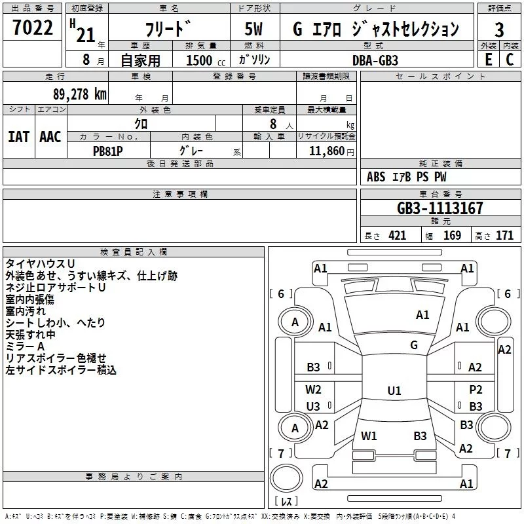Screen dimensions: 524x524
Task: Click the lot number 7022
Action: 33,28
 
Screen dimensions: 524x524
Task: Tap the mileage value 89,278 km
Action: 80,94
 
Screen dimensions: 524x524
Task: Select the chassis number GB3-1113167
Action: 440,208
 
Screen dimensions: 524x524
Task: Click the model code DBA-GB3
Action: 375,60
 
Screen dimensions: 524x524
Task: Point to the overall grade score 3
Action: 499,30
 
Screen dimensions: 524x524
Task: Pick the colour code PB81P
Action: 107,151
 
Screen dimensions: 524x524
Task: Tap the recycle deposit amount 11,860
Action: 326,151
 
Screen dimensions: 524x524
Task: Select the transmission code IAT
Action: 18,137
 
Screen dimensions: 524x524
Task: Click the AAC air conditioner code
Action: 50,137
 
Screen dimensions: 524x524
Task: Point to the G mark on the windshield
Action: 414,345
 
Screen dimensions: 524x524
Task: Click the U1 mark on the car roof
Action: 394,390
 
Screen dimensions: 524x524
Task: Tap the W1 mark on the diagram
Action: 369,436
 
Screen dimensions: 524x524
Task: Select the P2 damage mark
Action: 476,390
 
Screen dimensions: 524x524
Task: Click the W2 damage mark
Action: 313,390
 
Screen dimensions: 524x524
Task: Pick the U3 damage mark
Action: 313,407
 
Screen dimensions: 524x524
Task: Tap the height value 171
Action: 504,236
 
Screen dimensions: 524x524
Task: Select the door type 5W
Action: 253,29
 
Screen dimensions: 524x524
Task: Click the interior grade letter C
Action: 510,60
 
